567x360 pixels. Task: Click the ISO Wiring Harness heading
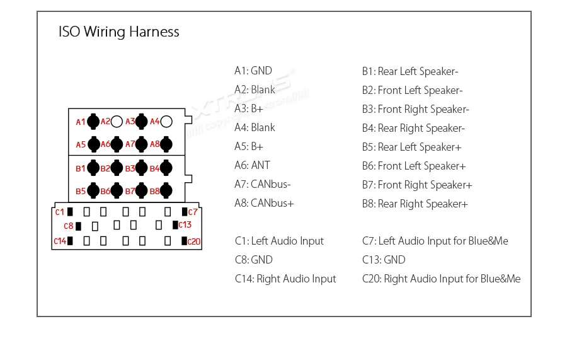118,32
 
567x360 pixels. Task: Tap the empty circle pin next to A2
117,121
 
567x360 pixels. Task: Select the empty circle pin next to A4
166,121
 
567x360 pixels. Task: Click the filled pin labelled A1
93,121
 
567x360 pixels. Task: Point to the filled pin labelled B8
166,190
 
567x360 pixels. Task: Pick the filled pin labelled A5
93,144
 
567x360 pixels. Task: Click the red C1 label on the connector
60,211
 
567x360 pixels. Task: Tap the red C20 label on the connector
193,241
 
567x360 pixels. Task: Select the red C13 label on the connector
185,225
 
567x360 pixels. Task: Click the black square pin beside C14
70,240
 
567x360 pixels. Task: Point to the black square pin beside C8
79,225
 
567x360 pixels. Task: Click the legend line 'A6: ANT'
252,165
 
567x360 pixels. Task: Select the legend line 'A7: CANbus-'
263,184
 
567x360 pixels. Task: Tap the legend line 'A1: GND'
253,71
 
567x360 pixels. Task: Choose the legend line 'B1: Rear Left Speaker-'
409,71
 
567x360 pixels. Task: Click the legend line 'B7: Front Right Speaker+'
416,185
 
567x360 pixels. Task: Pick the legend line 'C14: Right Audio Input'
285,279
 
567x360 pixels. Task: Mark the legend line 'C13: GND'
384,260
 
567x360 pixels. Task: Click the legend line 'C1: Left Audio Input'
279,241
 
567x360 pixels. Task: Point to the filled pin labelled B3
142,168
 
